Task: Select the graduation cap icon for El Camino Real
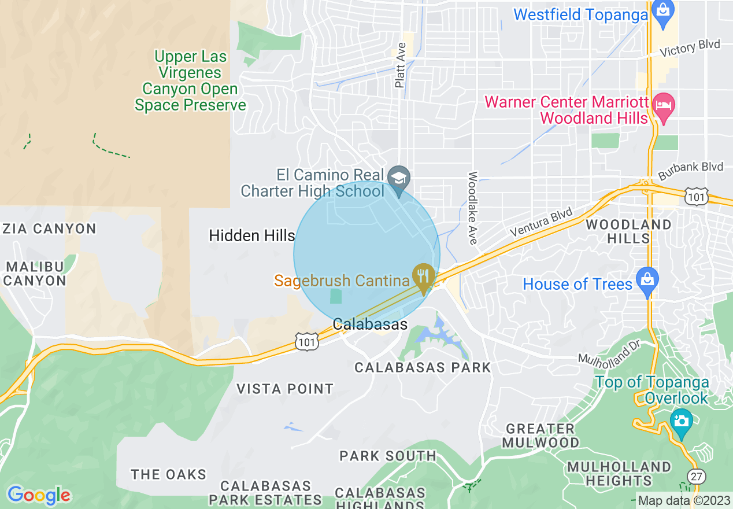point(398,176)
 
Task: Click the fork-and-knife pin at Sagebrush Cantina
point(424,276)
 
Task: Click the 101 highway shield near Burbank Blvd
point(695,196)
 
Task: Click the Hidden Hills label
point(252,235)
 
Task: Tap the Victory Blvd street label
point(690,48)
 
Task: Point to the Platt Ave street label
point(400,68)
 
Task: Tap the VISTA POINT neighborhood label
point(285,389)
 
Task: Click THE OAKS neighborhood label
point(168,474)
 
